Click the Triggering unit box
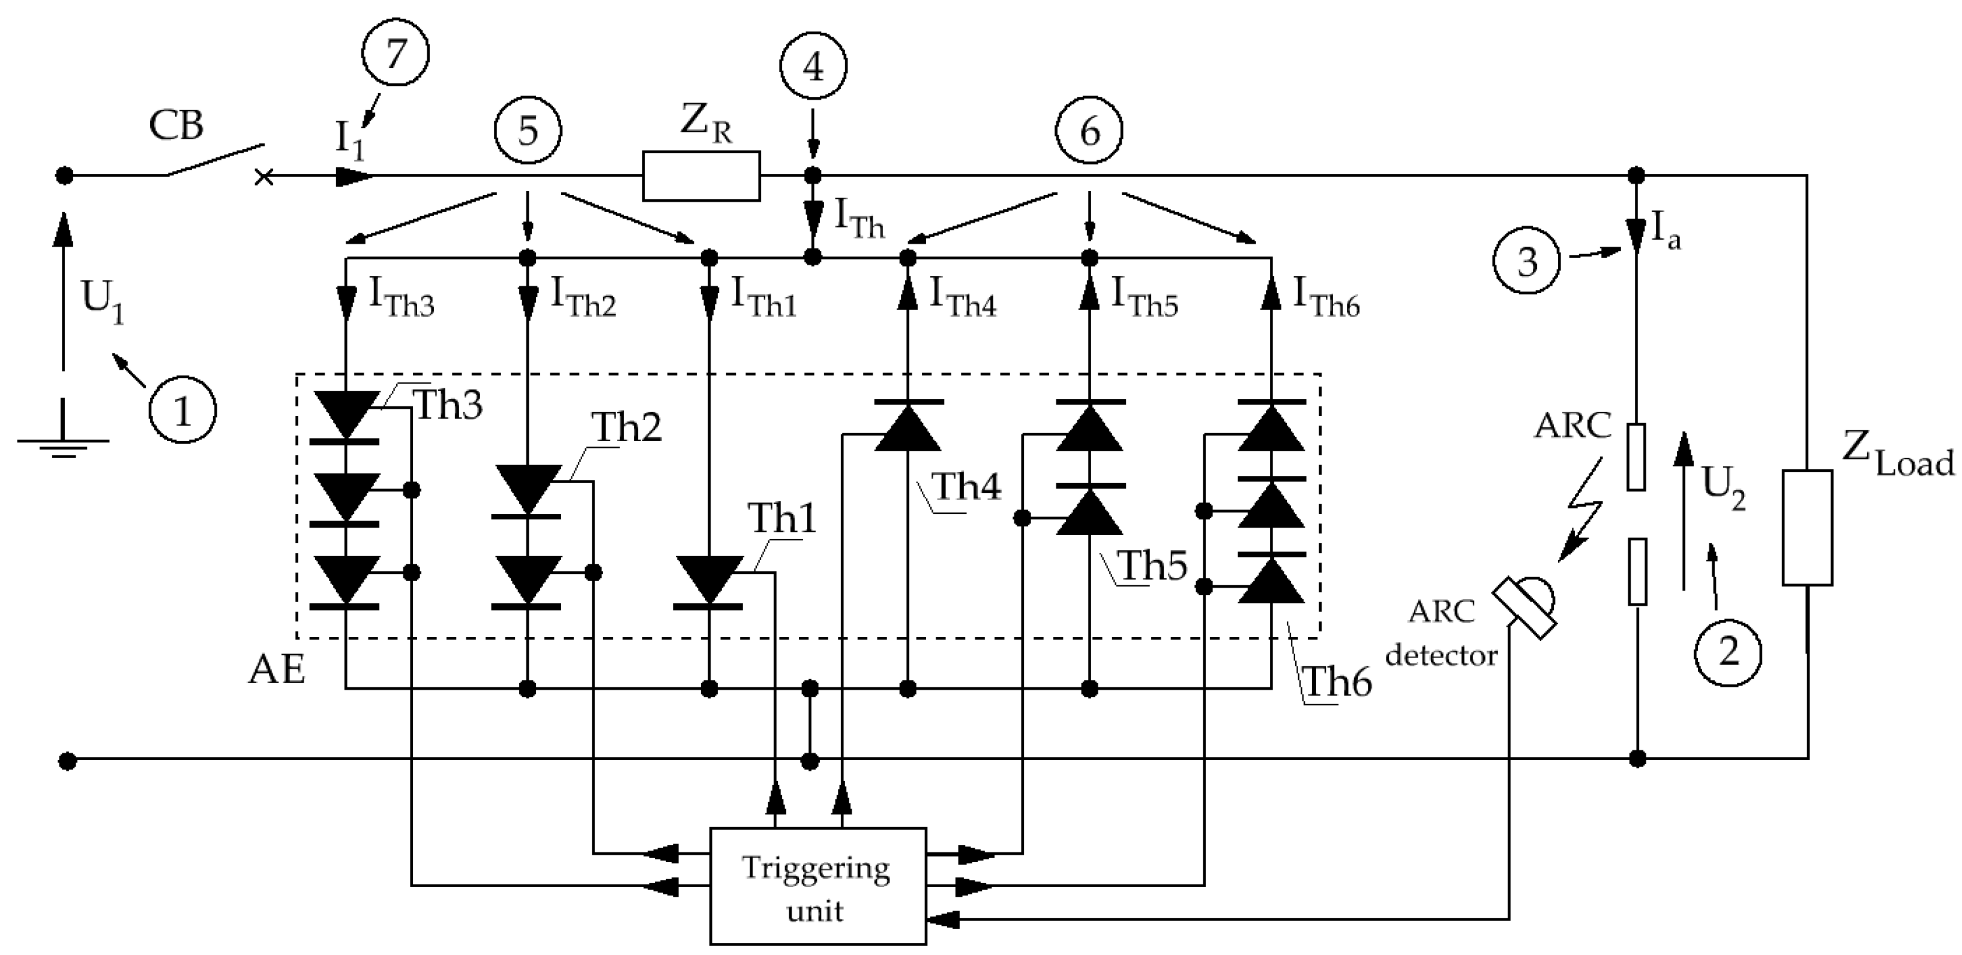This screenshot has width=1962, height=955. click(x=817, y=887)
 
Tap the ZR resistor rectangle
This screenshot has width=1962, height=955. click(x=701, y=176)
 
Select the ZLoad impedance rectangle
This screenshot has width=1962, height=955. click(x=1807, y=528)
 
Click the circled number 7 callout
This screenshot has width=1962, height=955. click(x=396, y=53)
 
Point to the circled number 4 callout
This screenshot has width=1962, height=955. click(x=813, y=67)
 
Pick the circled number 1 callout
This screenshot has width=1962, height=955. click(x=183, y=411)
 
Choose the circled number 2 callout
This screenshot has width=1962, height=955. click(x=1728, y=652)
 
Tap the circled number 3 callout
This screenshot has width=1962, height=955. click(x=1527, y=261)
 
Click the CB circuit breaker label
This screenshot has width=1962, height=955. click(x=176, y=125)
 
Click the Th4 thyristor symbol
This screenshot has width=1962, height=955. click(x=907, y=426)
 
